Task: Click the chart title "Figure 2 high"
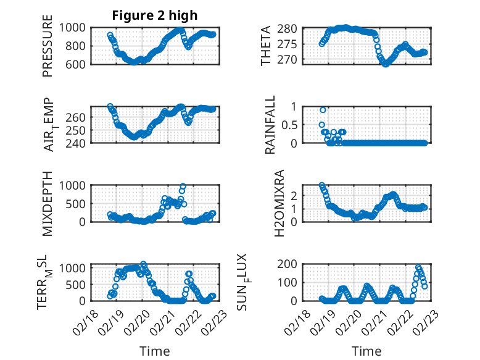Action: pos(154,15)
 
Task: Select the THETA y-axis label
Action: pos(266,46)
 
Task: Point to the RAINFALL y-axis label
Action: pos(270,125)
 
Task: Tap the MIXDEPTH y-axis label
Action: pos(48,204)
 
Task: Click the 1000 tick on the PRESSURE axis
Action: pos(75,28)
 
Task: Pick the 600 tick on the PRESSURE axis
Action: pos(78,64)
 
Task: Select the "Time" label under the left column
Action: pos(154,351)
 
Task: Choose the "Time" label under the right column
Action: pos(366,351)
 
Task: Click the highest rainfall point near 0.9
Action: pos(323,110)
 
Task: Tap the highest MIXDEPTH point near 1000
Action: pos(183,186)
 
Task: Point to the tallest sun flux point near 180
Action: pos(418,267)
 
